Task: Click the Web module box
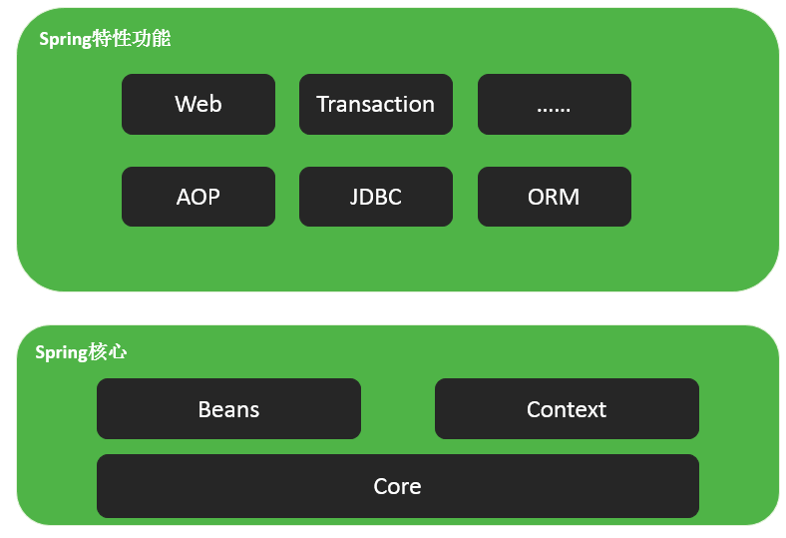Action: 198,104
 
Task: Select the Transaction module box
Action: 376,104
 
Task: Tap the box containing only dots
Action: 555,104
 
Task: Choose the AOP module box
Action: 198,197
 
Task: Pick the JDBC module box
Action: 376,197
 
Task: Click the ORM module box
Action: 555,197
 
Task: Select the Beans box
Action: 228,408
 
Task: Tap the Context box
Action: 567,408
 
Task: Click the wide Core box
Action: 398,486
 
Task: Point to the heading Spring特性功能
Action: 106,39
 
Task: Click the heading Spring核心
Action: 81,352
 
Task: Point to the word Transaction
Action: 375,104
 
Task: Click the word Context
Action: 567,409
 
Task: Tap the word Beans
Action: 228,409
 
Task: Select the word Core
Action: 398,486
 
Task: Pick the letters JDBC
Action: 376,197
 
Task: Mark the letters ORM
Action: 554,197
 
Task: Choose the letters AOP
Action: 198,197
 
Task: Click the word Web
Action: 198,104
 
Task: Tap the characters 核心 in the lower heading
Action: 109,352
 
